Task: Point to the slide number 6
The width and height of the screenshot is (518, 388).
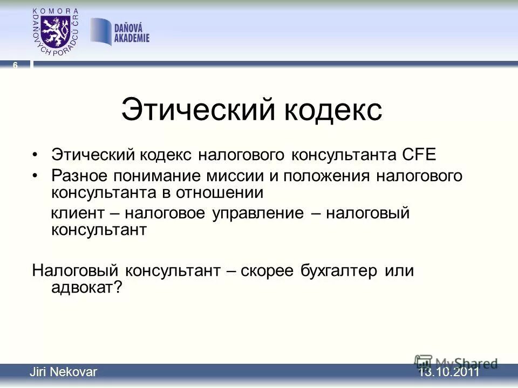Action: coord(15,65)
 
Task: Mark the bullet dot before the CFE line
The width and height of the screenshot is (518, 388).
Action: coord(36,156)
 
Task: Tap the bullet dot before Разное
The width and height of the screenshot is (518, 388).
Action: coord(36,176)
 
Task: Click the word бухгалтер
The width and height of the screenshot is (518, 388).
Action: coord(340,271)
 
